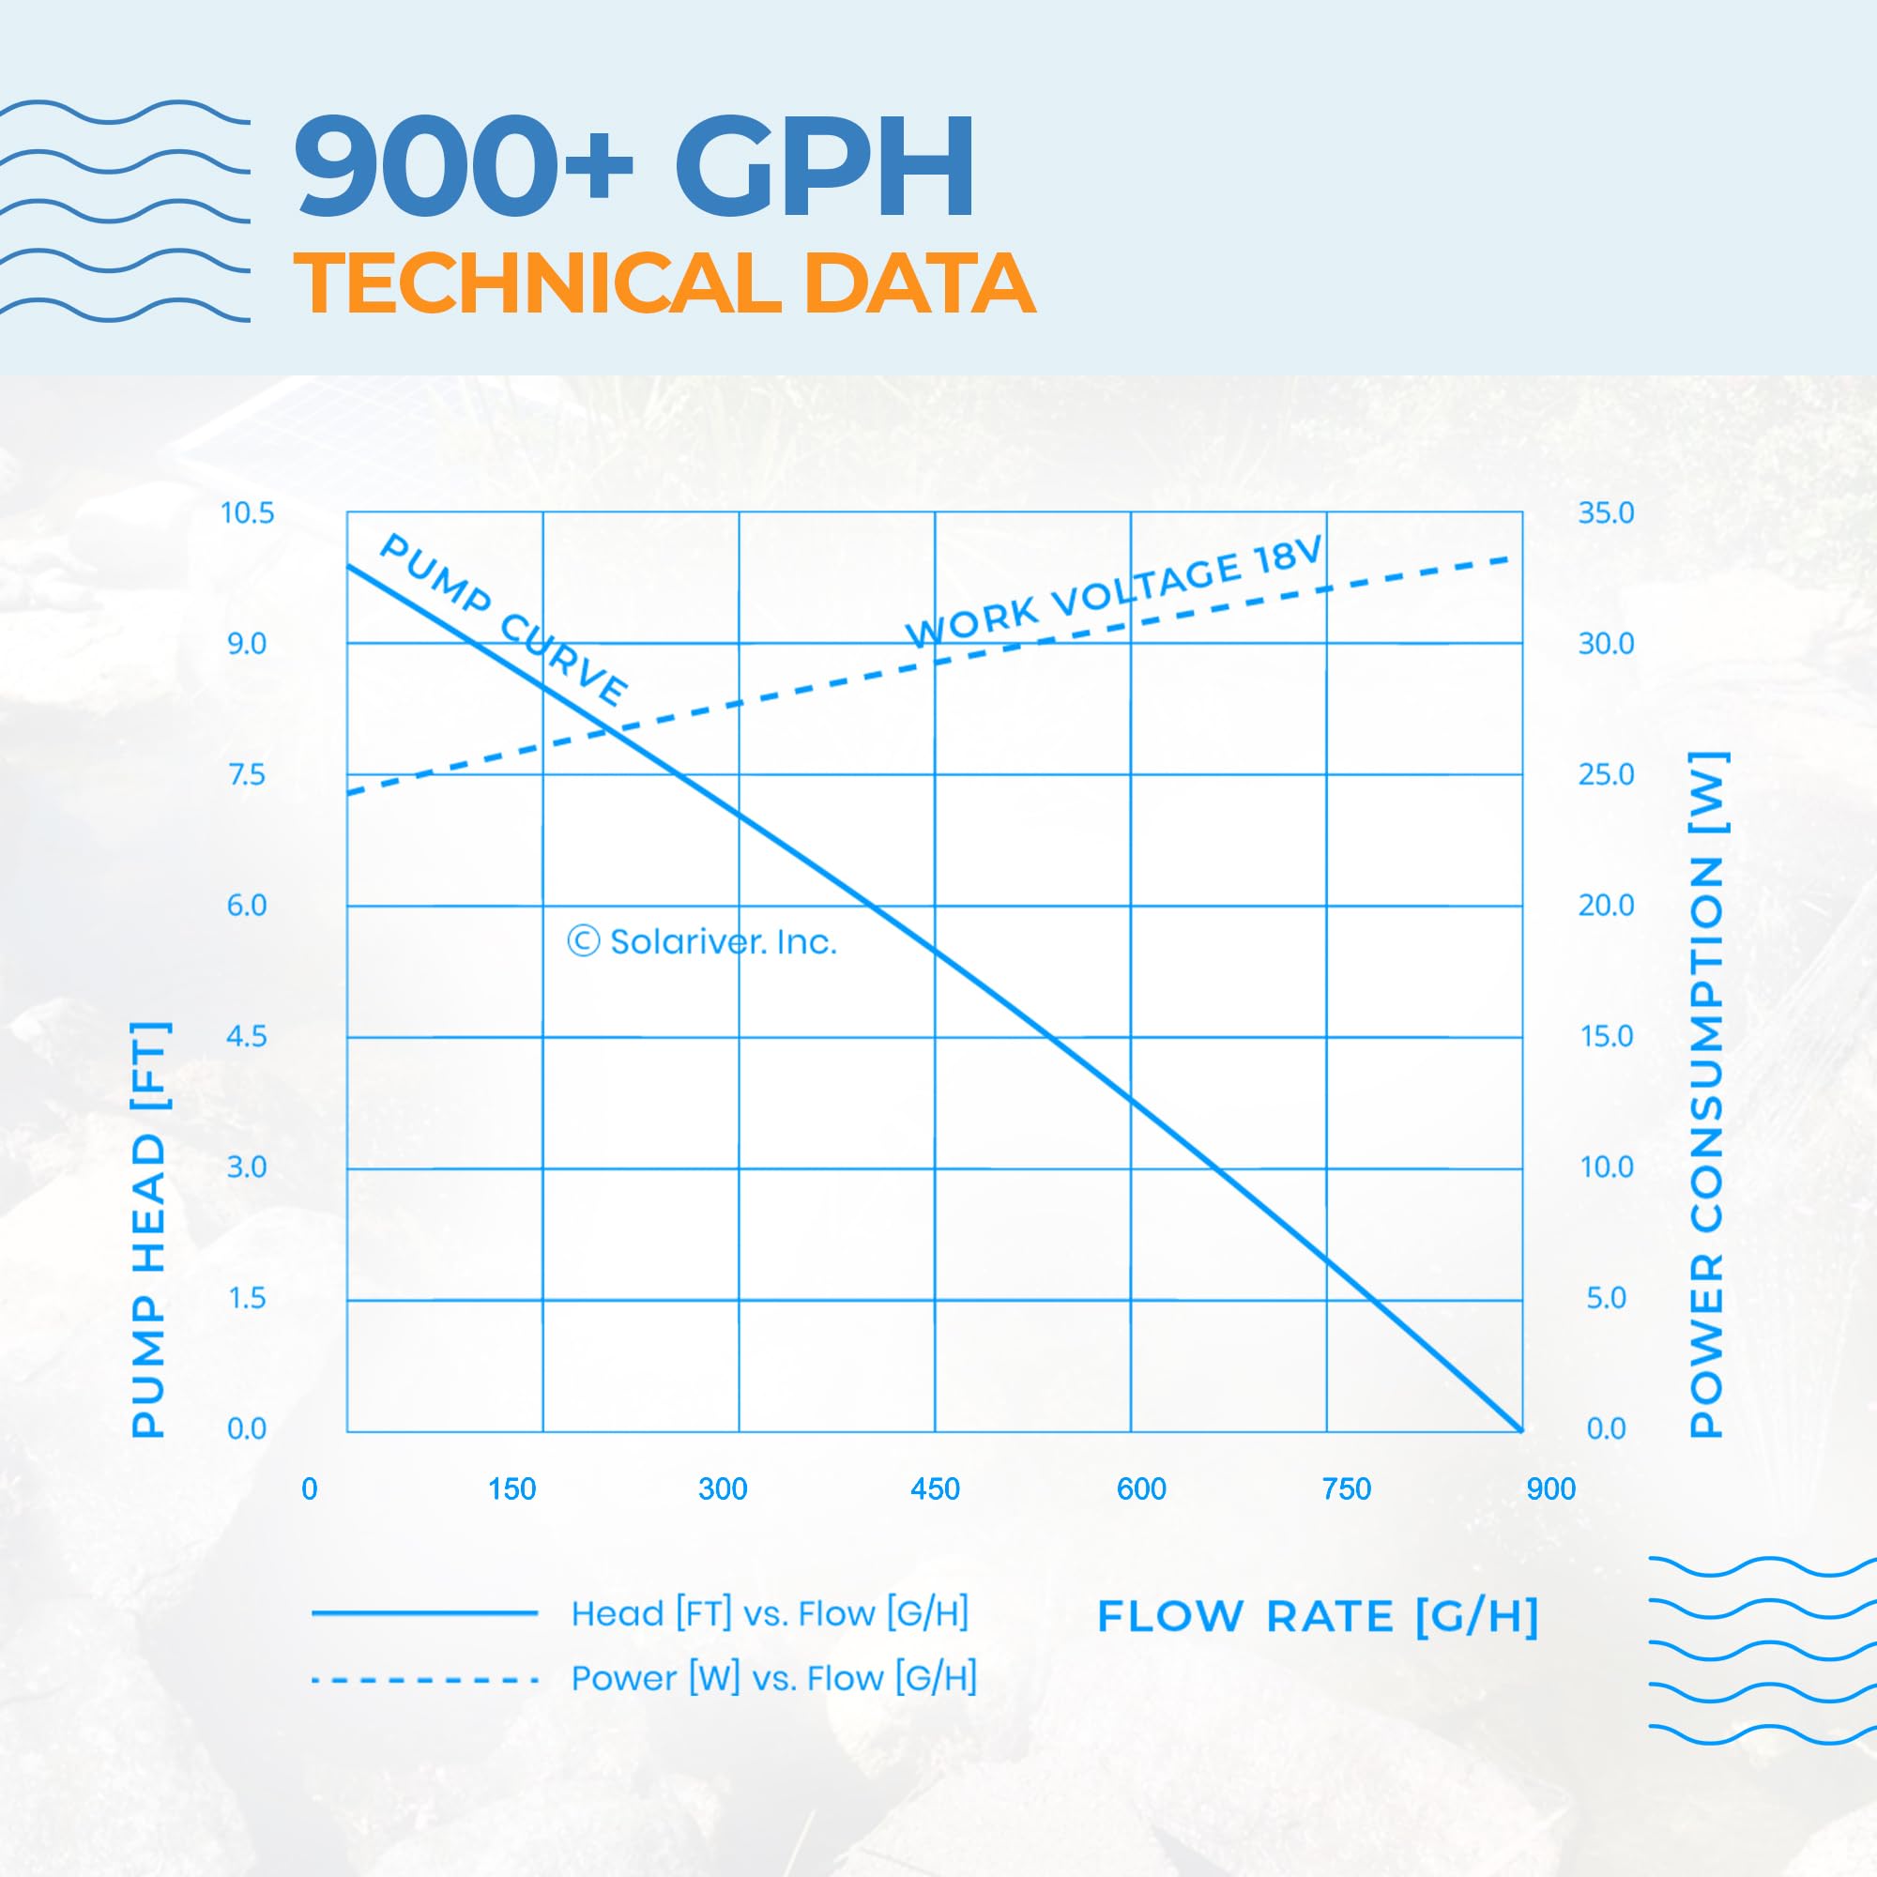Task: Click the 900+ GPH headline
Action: [636, 167]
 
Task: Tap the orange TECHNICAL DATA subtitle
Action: [664, 282]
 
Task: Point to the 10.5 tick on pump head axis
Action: [248, 513]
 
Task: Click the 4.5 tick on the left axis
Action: [247, 1037]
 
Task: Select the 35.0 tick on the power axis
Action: [1606, 513]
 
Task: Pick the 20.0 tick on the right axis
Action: [1606, 906]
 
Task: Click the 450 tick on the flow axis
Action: [935, 1489]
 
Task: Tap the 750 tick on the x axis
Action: [1347, 1489]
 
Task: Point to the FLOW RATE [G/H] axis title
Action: [1319, 1617]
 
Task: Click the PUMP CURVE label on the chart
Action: [503, 618]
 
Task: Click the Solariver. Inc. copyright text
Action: [702, 941]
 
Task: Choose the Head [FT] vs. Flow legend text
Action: [770, 1613]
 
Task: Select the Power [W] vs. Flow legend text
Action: [773, 1678]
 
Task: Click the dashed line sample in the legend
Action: [424, 1680]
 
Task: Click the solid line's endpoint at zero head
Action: [1521, 1431]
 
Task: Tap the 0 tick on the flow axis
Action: [309, 1489]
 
